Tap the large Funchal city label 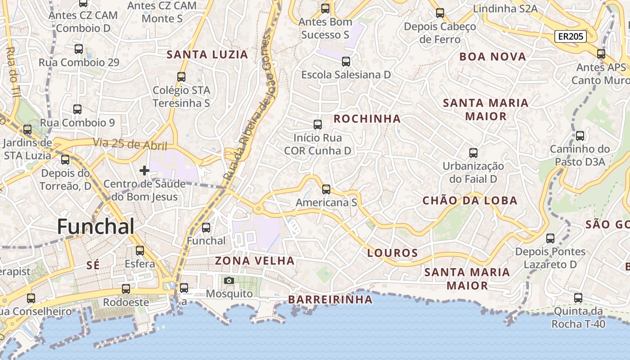(x=95, y=226)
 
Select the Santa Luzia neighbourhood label (x=207, y=55)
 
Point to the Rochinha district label (x=367, y=119)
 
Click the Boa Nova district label (x=493, y=57)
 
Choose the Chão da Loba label (x=470, y=201)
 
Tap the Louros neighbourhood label (x=392, y=253)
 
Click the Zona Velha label (x=255, y=261)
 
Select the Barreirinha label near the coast (x=330, y=300)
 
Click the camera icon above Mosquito (x=229, y=281)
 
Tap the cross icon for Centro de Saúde (x=144, y=171)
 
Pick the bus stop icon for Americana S (x=326, y=189)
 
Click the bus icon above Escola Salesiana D (x=346, y=62)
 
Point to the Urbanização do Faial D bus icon (x=473, y=153)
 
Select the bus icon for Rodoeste (x=126, y=289)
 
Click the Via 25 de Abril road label (x=130, y=144)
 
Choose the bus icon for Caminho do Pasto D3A (x=580, y=136)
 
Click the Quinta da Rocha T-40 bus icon (x=578, y=298)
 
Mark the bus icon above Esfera (x=140, y=251)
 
